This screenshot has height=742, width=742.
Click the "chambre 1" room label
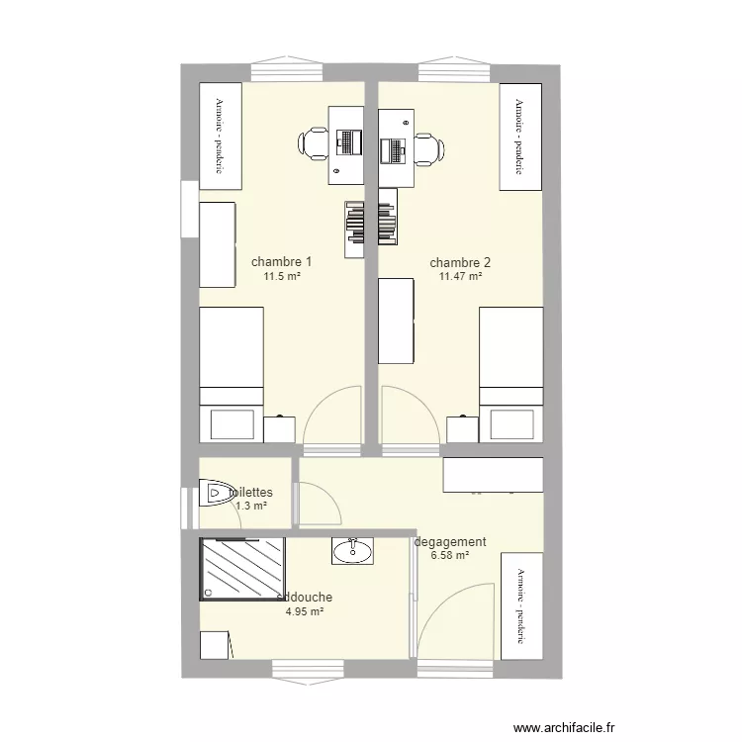tap(282, 262)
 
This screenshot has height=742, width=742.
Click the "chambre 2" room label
tap(460, 263)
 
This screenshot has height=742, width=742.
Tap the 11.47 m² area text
tap(460, 277)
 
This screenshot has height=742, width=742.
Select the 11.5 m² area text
tap(282, 276)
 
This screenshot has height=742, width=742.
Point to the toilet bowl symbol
tap(213, 492)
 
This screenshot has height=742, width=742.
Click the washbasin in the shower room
tap(352, 551)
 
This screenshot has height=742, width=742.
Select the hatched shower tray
tap(243, 568)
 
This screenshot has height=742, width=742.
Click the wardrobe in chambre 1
tap(223, 137)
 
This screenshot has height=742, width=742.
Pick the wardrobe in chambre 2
tap(521, 137)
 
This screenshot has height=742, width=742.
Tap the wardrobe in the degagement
tap(521, 605)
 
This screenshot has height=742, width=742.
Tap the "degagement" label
tap(451, 542)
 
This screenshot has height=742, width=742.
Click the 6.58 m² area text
tap(450, 556)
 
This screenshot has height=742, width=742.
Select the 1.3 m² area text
tap(251, 506)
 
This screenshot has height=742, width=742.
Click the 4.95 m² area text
tap(306, 611)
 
